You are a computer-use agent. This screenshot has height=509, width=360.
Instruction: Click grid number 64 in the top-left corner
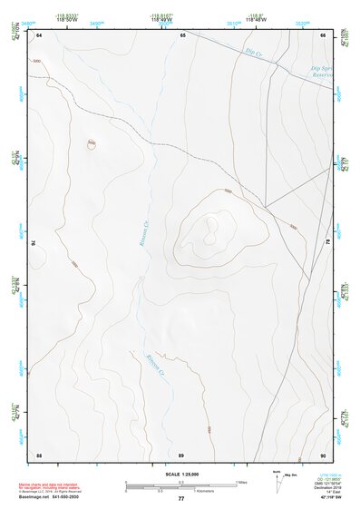tap(39, 34)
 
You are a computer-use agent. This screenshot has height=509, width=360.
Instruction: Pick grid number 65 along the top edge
tap(182, 34)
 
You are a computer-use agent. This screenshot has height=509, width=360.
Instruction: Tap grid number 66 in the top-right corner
tap(323, 34)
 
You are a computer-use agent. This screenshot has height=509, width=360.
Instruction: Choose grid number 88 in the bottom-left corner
tap(39, 454)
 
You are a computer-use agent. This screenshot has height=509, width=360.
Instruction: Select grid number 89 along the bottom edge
tap(181, 454)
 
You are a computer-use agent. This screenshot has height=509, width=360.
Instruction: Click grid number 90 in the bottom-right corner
tap(323, 454)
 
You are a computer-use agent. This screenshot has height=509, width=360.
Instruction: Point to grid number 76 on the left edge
tap(34, 243)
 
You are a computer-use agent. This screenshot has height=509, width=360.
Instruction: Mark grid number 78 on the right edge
tap(327, 243)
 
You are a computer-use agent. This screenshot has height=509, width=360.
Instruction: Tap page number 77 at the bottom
tap(180, 499)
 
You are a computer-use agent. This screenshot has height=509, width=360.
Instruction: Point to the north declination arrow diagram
tap(277, 478)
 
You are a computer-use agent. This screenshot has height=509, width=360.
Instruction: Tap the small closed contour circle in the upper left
tap(92, 143)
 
